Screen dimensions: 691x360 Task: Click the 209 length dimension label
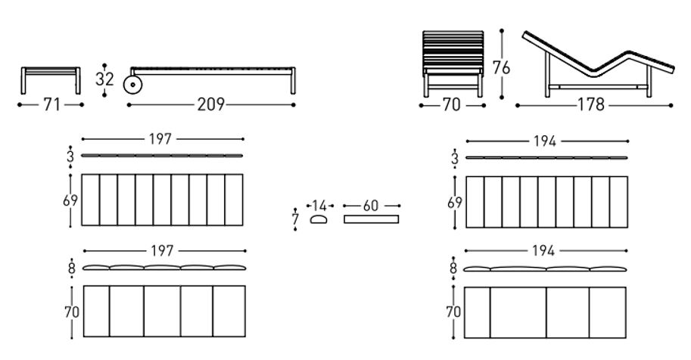point(210,104)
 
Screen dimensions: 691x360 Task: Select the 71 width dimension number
point(51,104)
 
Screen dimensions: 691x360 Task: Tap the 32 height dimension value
point(104,79)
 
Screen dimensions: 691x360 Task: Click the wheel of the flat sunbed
point(132,85)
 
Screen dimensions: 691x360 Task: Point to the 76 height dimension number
point(501,68)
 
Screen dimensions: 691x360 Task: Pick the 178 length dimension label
point(591,104)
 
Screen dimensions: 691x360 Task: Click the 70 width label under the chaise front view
point(451,105)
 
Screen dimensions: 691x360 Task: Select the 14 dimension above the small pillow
point(319,206)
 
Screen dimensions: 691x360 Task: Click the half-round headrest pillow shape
point(319,219)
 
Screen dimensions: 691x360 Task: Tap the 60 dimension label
point(371,206)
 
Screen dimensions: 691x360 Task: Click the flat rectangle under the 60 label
point(371,219)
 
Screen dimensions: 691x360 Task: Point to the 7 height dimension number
point(295,219)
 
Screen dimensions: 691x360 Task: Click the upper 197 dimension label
point(160,139)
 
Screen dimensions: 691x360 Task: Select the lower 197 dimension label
point(162,251)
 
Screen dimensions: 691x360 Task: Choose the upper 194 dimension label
point(545,141)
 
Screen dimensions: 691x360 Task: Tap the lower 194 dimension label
point(543,251)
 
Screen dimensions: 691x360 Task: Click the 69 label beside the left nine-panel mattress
point(70,200)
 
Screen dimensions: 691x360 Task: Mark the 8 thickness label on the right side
point(453,268)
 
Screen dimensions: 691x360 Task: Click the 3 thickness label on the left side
point(70,157)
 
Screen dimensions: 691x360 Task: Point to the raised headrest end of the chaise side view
point(527,36)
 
